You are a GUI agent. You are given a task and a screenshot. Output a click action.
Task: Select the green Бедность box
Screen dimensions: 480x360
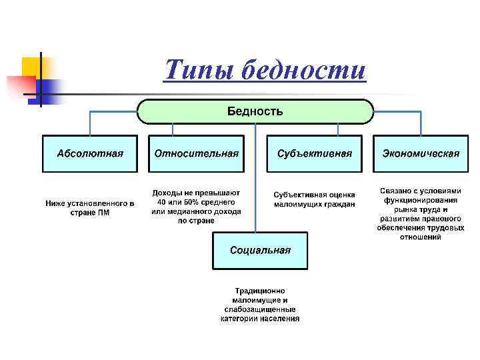tap(255, 111)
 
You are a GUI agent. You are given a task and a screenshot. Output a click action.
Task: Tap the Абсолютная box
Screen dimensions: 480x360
tap(90, 153)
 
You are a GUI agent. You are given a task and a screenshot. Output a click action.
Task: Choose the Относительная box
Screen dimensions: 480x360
tap(196, 153)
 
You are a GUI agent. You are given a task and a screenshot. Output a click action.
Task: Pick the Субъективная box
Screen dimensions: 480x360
tap(314, 153)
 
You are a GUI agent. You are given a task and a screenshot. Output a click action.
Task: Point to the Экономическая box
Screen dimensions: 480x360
tap(421, 153)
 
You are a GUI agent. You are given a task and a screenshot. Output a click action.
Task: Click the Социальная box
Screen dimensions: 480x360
tap(260, 251)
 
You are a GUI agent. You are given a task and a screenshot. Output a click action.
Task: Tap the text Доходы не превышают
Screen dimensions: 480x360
tap(196, 192)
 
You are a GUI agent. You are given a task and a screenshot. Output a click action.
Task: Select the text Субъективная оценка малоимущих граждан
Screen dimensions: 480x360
tap(314, 199)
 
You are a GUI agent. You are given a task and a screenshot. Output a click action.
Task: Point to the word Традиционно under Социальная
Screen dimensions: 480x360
tap(260, 291)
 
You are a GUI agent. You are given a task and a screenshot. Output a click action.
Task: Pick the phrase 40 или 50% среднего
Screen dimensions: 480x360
tap(196, 201)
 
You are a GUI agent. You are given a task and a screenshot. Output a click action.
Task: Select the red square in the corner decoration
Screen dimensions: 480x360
tap(20, 85)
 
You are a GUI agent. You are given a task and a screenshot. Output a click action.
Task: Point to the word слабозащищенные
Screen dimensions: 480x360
tap(260, 309)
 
